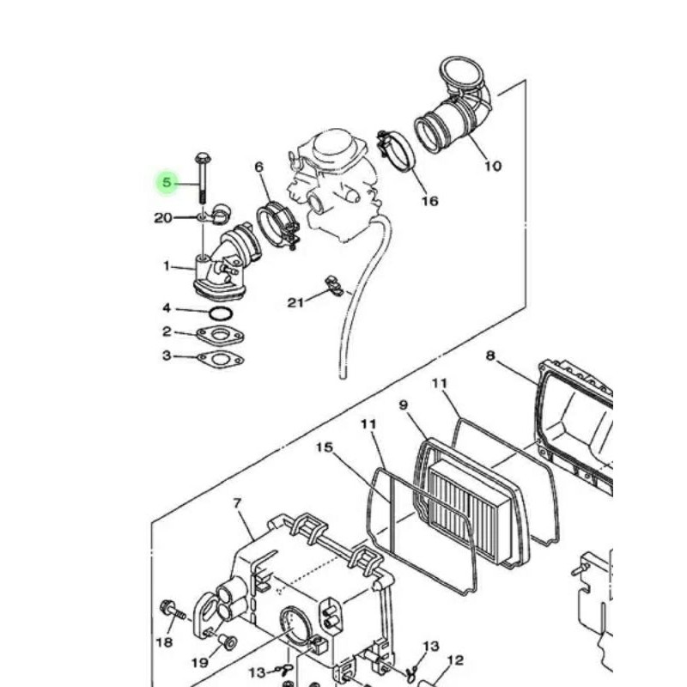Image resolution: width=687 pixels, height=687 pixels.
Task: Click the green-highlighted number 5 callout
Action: pos(167,182)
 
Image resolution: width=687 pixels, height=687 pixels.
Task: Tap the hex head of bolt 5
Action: pos(203,157)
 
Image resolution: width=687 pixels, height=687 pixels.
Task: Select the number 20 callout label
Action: pos(163,218)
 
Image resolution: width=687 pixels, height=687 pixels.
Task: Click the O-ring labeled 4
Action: pos(221,313)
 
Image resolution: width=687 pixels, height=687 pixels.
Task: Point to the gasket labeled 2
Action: pos(221,336)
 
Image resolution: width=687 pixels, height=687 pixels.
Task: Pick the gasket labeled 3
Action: pos(221,360)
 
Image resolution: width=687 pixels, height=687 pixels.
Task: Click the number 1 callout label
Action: pos(167,265)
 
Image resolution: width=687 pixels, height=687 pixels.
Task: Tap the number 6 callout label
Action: pos(259,167)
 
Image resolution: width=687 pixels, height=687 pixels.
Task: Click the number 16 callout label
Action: pos(430,201)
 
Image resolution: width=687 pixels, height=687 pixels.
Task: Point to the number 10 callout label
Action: pos(492,166)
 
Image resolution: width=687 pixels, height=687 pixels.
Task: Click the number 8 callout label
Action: pos(489,356)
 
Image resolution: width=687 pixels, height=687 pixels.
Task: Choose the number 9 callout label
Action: pos(404,404)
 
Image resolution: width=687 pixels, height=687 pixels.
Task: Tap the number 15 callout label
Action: pos(325,447)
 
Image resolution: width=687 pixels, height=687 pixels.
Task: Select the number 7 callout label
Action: pos(238,503)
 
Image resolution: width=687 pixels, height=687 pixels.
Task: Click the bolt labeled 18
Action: pos(173,611)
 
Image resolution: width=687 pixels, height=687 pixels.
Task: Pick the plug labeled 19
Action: pos(227,641)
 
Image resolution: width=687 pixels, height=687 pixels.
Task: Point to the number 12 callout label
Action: pos(456,660)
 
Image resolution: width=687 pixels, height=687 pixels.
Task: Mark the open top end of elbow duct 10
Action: pos(461,71)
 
